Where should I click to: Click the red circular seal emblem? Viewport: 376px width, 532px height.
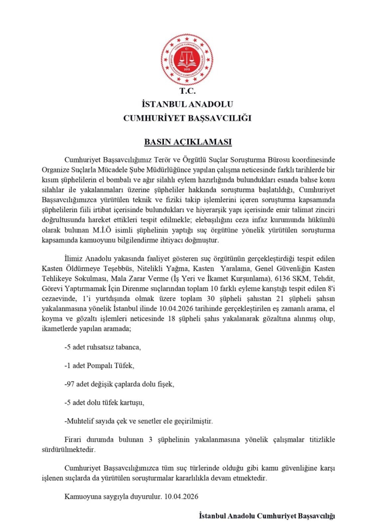coord(187,60)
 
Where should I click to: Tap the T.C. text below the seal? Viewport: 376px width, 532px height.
coord(187,92)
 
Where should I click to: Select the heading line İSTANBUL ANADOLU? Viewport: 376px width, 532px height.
coord(187,104)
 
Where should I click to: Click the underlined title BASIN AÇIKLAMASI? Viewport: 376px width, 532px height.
coord(187,142)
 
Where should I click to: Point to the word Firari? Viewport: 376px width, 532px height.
coord(75,440)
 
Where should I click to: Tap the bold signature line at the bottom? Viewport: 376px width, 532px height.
coord(266,515)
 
